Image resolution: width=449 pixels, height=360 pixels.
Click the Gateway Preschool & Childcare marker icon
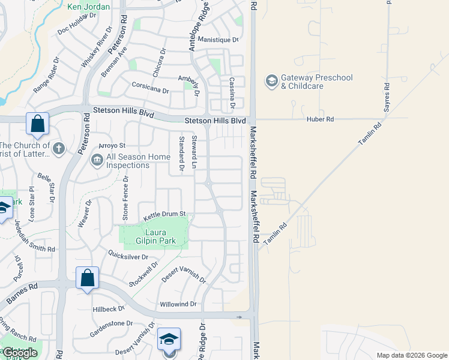271,80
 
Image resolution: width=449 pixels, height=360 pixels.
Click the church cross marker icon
58,148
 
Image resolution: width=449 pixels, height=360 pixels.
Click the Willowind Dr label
178,304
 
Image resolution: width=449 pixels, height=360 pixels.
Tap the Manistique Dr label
218,40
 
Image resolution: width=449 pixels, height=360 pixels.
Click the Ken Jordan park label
89,7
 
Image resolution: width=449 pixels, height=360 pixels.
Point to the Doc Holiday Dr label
77,23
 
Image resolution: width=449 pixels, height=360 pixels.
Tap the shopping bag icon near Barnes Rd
88,278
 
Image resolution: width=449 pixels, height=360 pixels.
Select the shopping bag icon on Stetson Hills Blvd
37,124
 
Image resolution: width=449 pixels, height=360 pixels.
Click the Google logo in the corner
20,353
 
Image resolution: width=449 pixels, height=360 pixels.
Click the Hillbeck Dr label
108,308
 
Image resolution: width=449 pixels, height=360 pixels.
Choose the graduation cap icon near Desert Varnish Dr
169,339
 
